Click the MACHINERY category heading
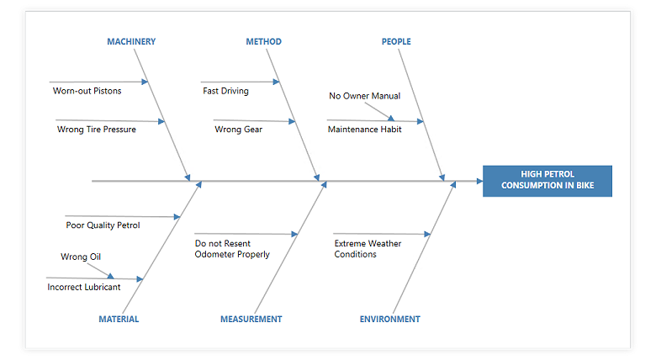(131, 41)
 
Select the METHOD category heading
(263, 41)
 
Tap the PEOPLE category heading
(396, 41)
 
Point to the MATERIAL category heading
(119, 319)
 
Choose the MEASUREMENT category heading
(251, 319)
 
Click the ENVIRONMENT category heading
(389, 319)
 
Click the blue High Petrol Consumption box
(547, 181)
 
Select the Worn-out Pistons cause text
(87, 91)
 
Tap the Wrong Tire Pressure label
(96, 130)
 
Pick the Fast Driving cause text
(225, 91)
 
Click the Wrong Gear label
(238, 130)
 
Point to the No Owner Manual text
(364, 96)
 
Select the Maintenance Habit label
(364, 130)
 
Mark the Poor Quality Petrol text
(103, 225)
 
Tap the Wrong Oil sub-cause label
(81, 257)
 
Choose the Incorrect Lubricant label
(83, 287)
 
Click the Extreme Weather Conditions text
(368, 249)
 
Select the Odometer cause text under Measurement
(232, 249)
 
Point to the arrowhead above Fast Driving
(275, 82)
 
